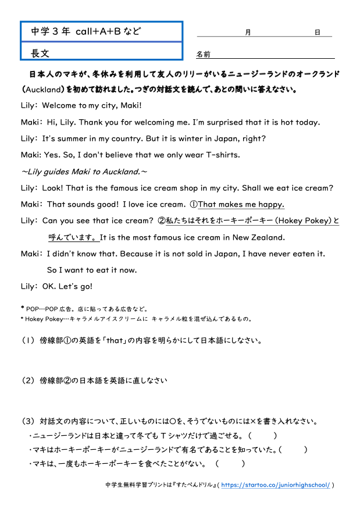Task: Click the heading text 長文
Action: (41, 53)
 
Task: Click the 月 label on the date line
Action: (248, 33)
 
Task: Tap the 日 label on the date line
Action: (318, 33)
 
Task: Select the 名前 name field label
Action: (203, 55)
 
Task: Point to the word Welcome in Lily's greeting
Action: (62, 106)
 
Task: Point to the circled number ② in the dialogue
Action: (162, 221)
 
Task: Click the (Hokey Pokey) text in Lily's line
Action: (303, 221)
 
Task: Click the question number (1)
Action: (28, 341)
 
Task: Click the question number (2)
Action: (28, 381)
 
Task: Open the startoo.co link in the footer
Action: (276, 485)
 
